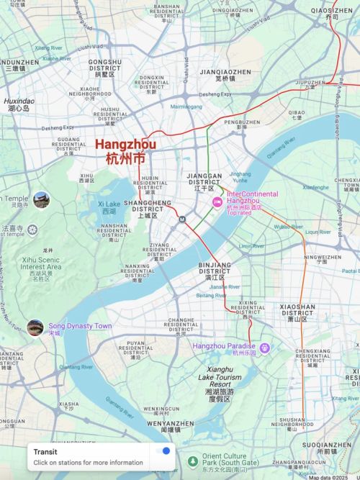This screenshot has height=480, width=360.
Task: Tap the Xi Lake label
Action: pos(108,208)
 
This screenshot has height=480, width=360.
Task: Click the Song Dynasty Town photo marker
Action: pos(35,327)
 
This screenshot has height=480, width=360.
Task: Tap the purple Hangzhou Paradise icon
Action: pos(264,348)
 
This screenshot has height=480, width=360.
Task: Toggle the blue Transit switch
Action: pos(163,451)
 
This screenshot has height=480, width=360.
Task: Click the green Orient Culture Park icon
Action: pos(192,461)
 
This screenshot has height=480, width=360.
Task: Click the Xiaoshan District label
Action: pos(297,310)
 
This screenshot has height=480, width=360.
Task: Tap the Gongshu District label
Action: pos(105,67)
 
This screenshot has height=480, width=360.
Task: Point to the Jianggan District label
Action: pos(204,179)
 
